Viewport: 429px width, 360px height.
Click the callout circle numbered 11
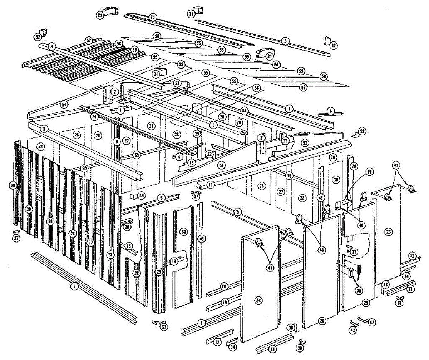(153, 17)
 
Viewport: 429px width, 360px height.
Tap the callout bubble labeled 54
(64, 105)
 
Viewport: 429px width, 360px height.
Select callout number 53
(177, 83)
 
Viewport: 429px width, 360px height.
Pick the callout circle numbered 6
(116, 141)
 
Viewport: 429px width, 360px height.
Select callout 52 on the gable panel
(305, 142)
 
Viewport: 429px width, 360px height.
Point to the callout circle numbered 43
(353, 330)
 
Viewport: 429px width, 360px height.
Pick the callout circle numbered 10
(224, 286)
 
